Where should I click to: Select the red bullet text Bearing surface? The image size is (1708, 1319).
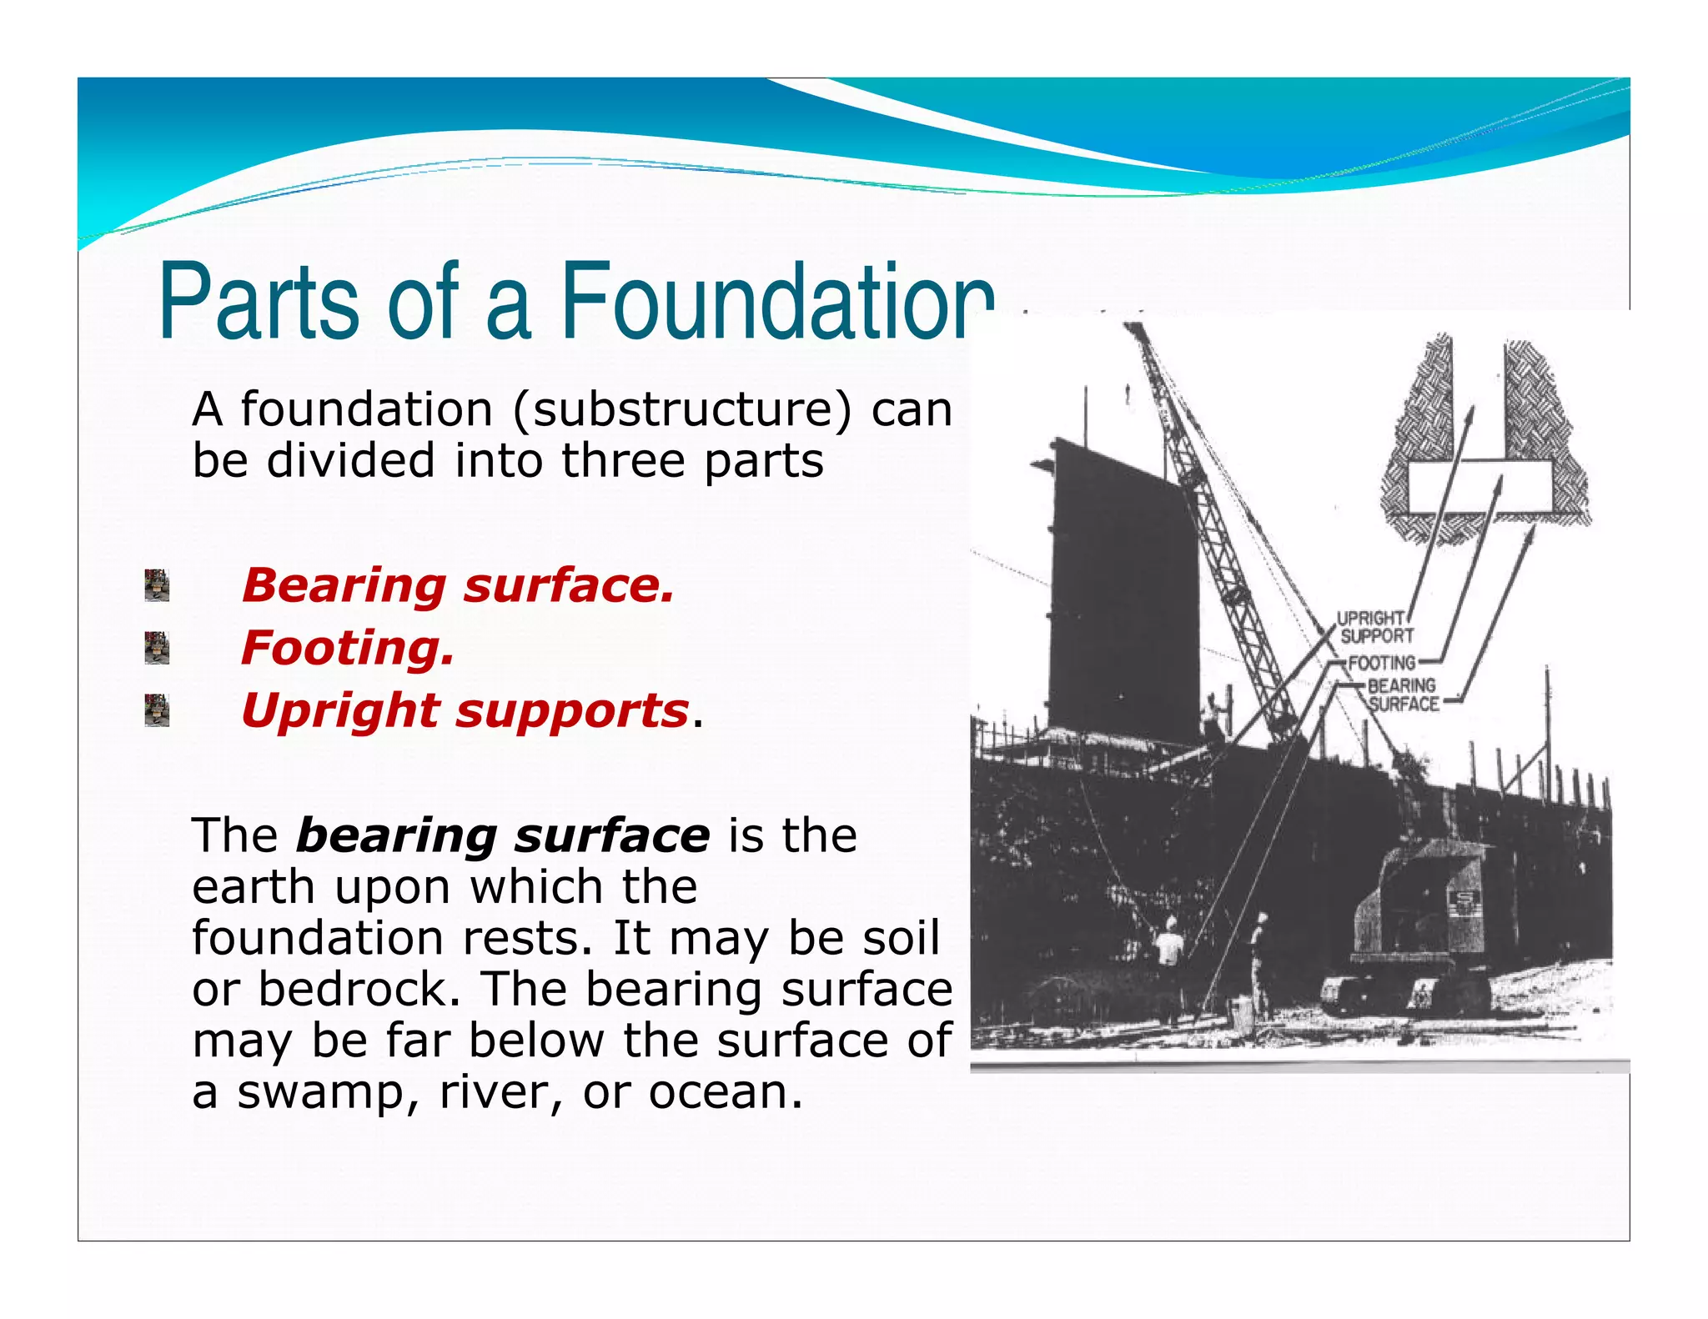457,585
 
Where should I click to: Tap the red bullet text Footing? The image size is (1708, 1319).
348,648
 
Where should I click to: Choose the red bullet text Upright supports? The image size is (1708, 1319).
465,710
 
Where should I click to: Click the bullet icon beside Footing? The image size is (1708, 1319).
157,648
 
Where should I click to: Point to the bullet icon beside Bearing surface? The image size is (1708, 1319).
157,585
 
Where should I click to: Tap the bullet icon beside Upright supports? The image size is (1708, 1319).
157,710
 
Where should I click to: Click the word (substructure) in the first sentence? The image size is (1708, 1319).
683,410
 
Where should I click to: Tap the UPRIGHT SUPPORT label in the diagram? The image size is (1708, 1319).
1375,627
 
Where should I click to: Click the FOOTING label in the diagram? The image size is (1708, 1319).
1382,663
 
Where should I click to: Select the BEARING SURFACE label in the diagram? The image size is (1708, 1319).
1403,695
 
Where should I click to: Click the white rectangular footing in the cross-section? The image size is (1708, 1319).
1480,487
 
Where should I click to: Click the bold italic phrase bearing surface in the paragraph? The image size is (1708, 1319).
503,836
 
